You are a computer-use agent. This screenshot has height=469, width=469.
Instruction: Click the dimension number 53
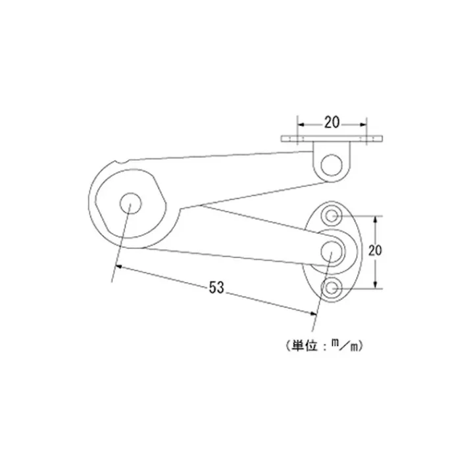(x=216, y=287)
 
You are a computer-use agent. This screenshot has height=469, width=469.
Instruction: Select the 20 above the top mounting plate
(x=332, y=122)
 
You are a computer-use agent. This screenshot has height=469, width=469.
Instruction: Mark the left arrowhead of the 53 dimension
(x=118, y=266)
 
